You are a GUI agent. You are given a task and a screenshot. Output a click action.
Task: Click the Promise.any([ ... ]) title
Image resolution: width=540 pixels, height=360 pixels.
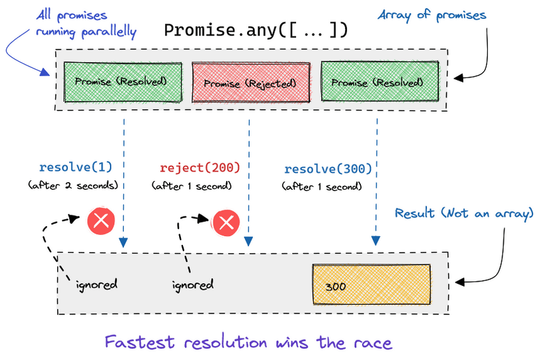click(x=255, y=30)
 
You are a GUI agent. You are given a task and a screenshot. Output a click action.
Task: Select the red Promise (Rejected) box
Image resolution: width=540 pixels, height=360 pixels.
click(x=251, y=83)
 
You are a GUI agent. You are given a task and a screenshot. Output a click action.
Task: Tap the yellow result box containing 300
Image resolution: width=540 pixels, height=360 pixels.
click(x=372, y=284)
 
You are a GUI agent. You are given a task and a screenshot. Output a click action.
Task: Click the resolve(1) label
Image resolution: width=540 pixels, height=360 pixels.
click(x=76, y=167)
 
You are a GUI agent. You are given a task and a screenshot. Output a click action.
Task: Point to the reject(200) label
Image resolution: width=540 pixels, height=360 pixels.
click(x=199, y=168)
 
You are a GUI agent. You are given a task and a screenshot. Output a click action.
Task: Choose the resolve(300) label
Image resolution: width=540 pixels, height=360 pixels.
click(x=328, y=169)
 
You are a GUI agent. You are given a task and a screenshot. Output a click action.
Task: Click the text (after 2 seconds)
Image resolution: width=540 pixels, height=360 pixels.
click(x=73, y=185)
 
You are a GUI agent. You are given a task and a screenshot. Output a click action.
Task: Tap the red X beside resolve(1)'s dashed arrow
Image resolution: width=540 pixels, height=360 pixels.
click(x=101, y=220)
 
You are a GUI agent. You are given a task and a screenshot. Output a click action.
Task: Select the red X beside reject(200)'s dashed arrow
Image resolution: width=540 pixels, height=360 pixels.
click(x=226, y=223)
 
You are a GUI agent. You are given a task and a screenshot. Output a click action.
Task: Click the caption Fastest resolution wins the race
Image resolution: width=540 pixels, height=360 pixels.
click(x=248, y=342)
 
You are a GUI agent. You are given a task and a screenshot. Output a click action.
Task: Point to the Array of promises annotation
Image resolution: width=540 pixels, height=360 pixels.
click(x=432, y=15)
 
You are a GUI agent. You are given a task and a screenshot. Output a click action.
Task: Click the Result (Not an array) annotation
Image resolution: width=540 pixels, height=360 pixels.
click(x=464, y=214)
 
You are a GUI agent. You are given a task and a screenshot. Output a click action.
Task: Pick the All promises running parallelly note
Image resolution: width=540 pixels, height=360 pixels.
click(x=86, y=23)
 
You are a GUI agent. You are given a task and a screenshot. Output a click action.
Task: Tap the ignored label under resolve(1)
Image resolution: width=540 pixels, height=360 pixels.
click(x=97, y=285)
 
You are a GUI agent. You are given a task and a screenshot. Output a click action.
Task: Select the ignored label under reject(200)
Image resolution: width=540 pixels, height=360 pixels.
click(x=192, y=285)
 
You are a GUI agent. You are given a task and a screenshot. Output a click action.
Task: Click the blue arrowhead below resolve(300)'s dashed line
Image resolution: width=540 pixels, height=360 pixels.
click(x=375, y=240)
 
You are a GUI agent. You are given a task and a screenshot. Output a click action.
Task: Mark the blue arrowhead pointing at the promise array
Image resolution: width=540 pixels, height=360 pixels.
click(x=44, y=72)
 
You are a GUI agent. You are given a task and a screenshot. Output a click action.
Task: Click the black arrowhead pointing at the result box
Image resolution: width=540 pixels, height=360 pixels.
click(x=460, y=282)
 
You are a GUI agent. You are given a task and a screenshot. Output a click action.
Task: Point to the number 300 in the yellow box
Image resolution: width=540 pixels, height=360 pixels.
click(x=335, y=287)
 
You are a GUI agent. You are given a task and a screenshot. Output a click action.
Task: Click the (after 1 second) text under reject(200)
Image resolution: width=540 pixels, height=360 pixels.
click(x=191, y=186)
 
